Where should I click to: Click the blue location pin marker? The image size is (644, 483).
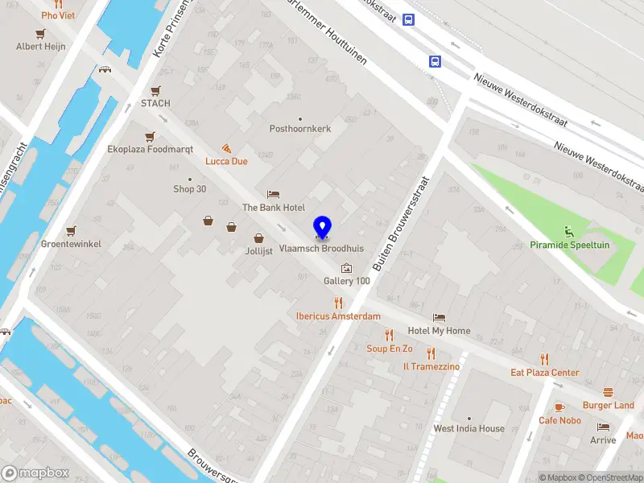[322, 228]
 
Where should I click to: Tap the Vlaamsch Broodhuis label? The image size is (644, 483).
[322, 250]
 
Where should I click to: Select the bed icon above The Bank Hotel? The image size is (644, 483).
[274, 195]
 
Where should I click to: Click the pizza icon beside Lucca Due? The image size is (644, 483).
[227, 149]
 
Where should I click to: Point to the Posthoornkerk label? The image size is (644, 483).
[300, 129]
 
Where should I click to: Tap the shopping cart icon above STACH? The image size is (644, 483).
[155, 91]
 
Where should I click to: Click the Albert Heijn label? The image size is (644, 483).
[40, 47]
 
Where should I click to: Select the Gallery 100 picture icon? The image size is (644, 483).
[347, 267]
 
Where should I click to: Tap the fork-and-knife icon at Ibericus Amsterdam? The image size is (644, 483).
[338, 303]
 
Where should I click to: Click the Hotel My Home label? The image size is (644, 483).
[439, 331]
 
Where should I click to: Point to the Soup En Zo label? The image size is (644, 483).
[390, 349]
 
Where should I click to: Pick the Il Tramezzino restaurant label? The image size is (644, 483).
[431, 366]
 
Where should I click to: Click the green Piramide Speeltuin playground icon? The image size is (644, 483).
[570, 231]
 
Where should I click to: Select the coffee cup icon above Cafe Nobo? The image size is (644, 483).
[559, 407]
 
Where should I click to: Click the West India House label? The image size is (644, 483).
[469, 428]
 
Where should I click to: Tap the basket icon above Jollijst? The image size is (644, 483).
[259, 238]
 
